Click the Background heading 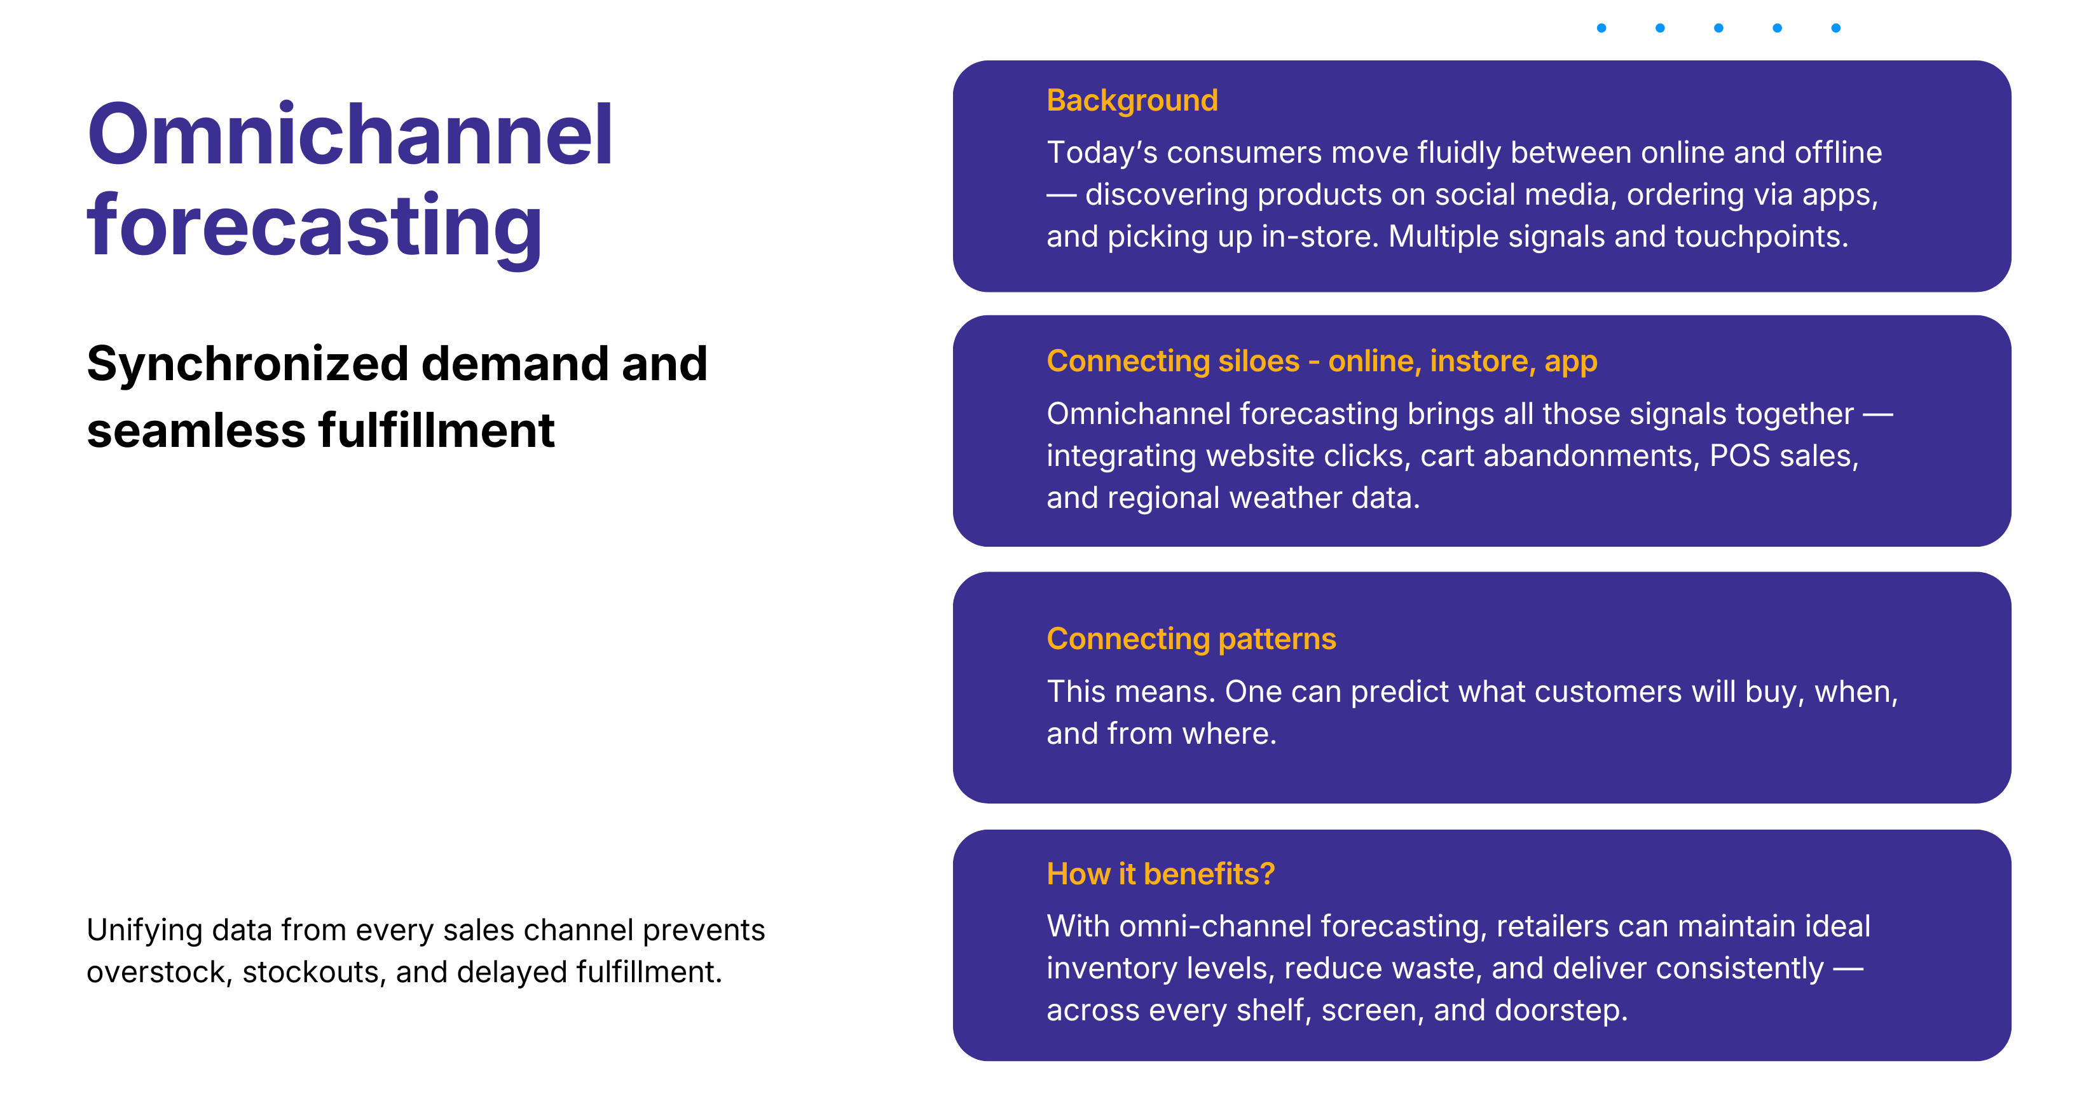tap(1132, 100)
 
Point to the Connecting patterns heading tap(1191, 639)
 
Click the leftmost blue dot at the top tap(1601, 29)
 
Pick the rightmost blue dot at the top tap(1836, 29)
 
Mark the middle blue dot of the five tap(1718, 29)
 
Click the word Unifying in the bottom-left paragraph tap(144, 930)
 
